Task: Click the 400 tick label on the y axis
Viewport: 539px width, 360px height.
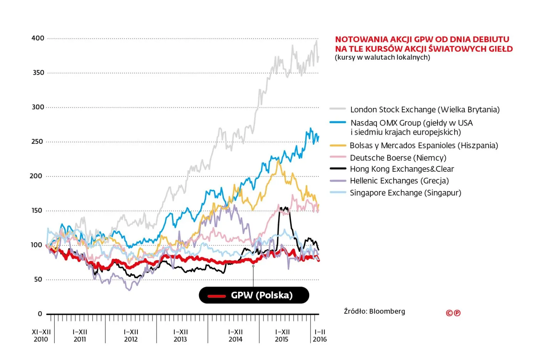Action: [38, 38]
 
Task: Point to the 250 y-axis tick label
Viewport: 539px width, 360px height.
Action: [37, 142]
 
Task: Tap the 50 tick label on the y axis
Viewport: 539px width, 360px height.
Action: [38, 280]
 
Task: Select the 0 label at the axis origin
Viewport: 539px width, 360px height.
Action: [40, 314]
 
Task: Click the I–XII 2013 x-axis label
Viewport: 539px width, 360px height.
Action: [180, 335]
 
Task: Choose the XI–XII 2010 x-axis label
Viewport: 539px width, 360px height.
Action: [41, 335]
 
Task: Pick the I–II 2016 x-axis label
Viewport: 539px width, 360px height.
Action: [320, 335]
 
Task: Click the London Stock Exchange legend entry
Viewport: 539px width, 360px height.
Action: [425, 110]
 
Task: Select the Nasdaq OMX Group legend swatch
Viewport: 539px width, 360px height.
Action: [338, 122]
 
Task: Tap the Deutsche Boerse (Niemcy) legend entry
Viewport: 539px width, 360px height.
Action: [398, 158]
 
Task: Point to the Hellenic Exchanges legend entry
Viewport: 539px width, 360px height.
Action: [399, 181]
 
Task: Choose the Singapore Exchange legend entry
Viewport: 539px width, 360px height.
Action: [405, 193]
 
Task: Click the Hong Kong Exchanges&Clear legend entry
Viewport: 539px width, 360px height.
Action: [402, 169]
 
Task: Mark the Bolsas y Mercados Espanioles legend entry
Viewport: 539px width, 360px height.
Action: [423, 146]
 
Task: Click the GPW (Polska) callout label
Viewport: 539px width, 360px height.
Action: [261, 295]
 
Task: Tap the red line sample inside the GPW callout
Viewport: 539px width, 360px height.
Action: [217, 296]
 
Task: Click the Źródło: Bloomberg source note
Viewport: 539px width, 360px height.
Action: [374, 311]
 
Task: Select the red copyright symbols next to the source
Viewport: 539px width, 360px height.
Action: [453, 313]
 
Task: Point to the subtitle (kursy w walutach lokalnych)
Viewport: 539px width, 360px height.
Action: [382, 57]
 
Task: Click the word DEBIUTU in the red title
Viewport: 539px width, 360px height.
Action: [490, 39]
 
